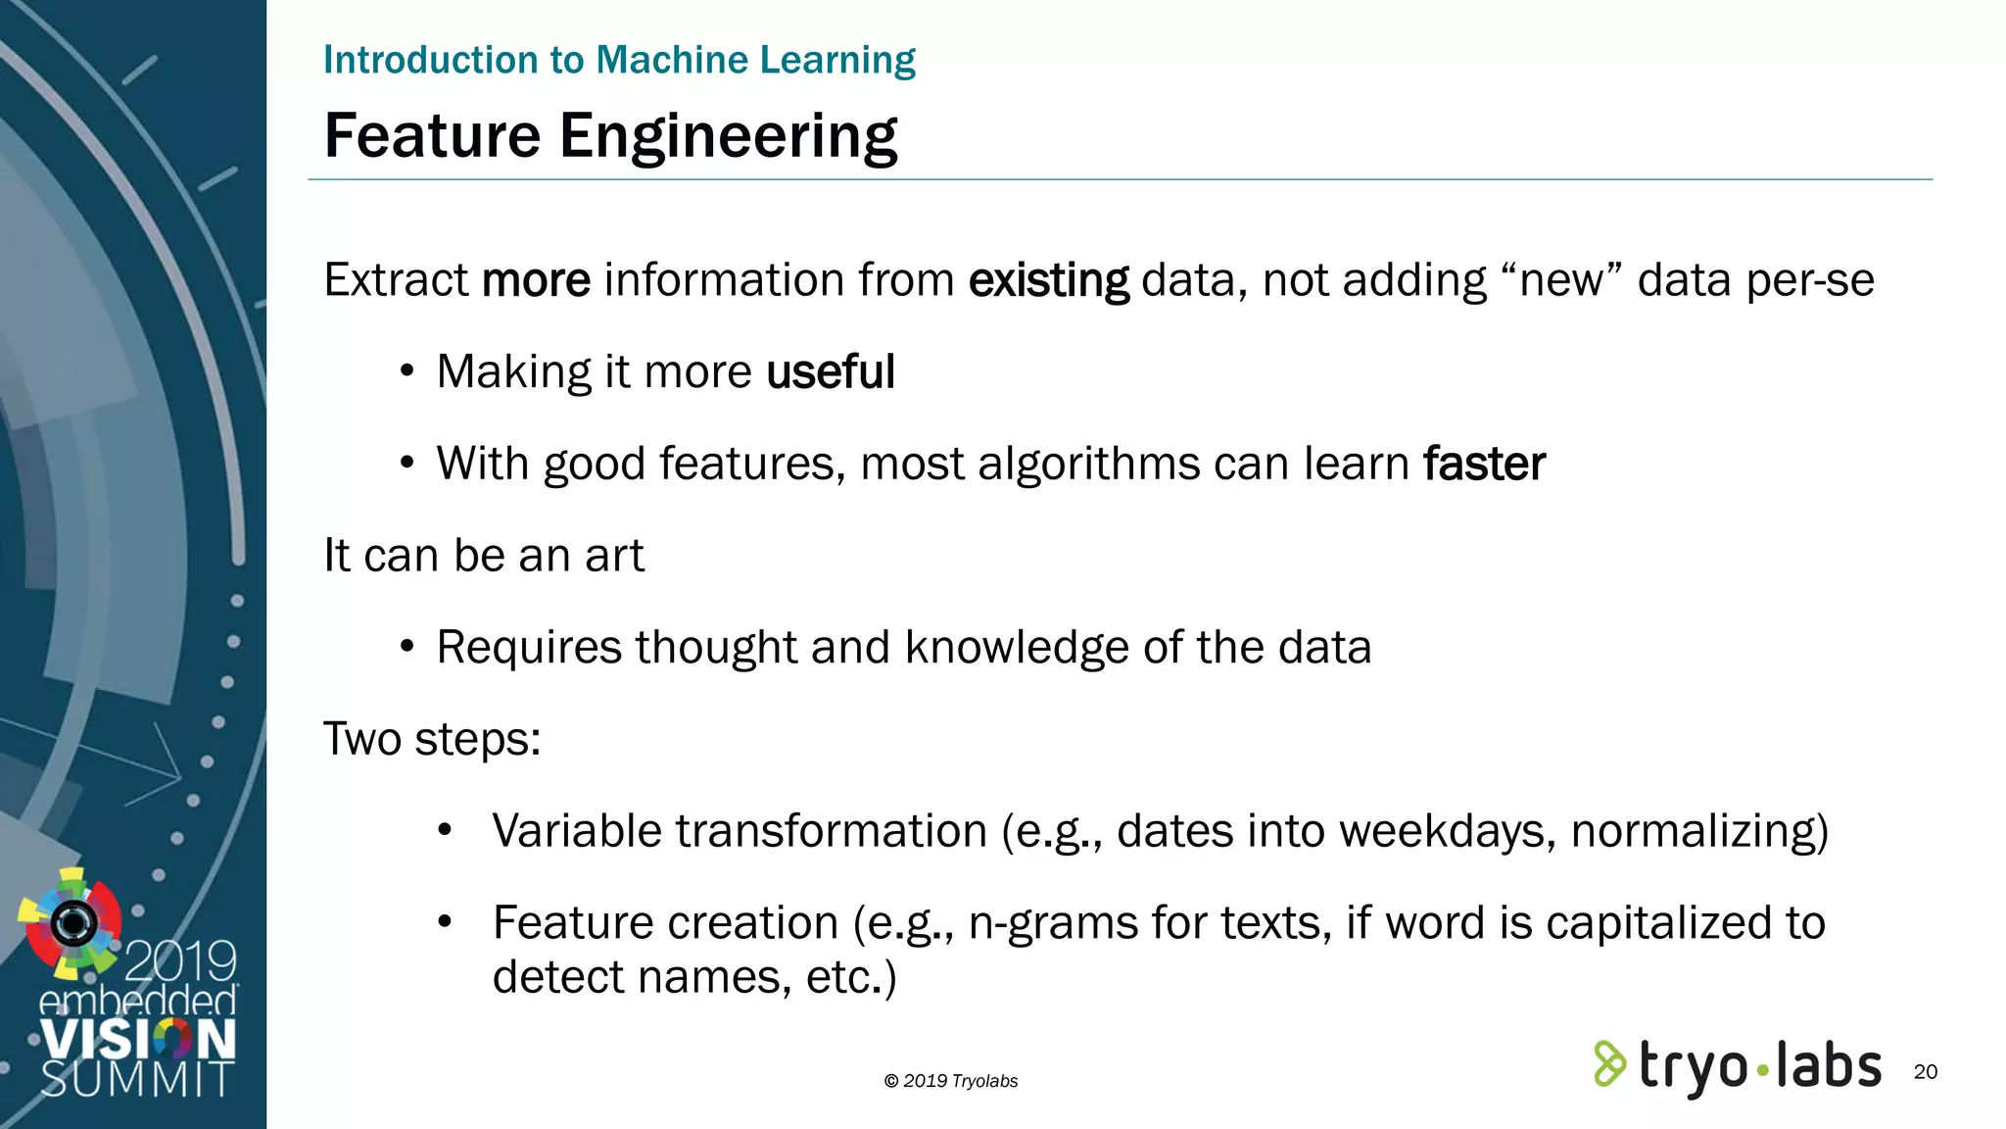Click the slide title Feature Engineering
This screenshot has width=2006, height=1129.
[610, 135]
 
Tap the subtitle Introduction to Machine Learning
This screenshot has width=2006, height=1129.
[619, 60]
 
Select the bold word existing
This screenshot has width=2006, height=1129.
[1048, 280]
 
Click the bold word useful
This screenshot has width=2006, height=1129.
[831, 372]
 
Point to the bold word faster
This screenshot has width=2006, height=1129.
[1484, 464]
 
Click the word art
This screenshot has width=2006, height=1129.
[614, 556]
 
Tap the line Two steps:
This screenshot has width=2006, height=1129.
[432, 739]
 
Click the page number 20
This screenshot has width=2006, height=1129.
[1925, 1071]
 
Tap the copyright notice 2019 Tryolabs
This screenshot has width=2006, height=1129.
[951, 1081]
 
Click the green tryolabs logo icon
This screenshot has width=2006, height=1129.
[1609, 1064]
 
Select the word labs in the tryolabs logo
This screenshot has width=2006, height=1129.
[1828, 1066]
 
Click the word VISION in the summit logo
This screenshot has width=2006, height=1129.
[138, 1039]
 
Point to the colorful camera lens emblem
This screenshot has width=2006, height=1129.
[72, 922]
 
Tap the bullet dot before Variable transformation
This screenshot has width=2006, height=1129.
[445, 831]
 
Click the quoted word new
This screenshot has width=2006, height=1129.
[1561, 280]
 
